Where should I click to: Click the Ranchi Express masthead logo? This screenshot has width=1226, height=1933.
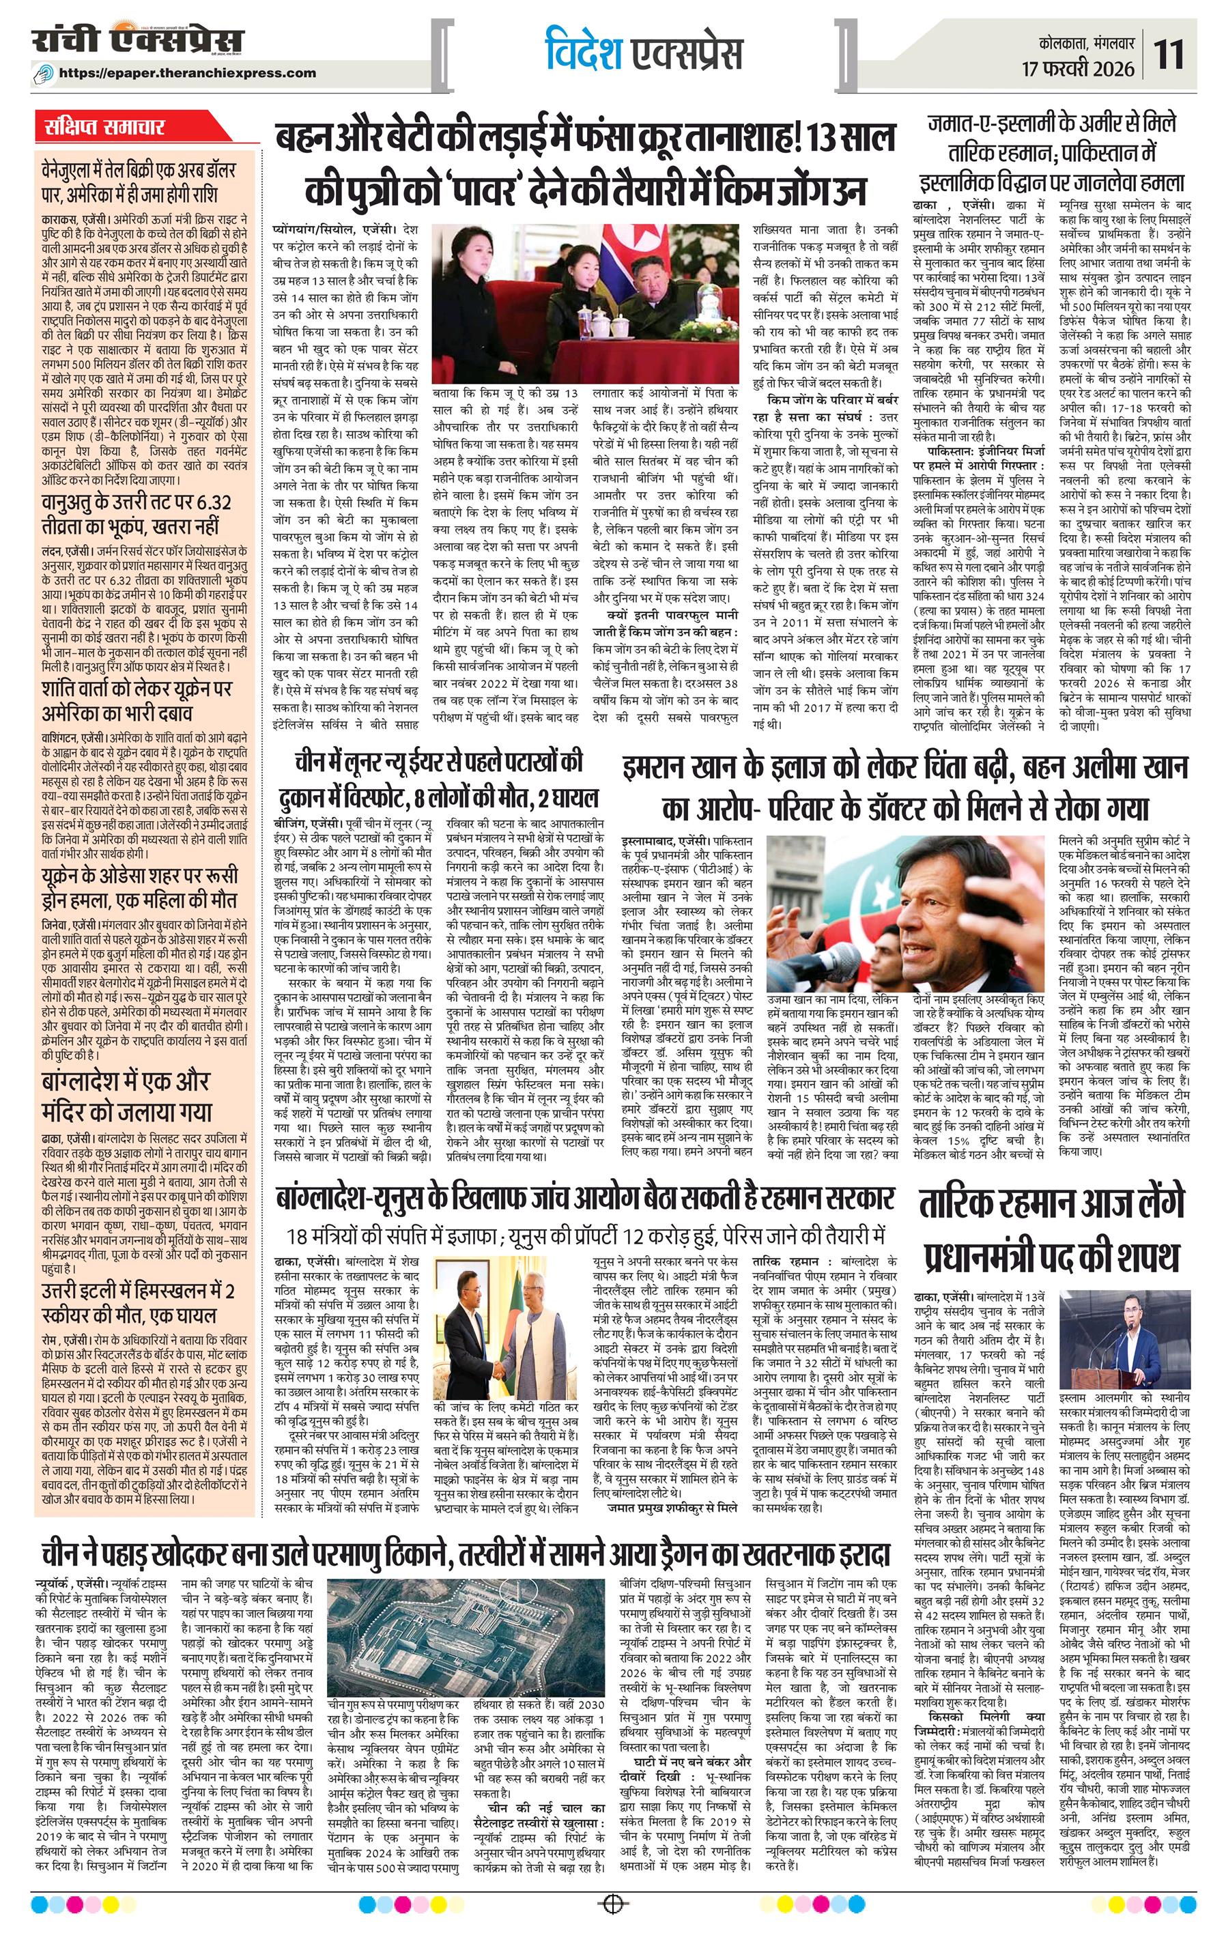pyautogui.click(x=137, y=41)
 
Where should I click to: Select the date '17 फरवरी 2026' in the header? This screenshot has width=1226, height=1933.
pyautogui.click(x=1079, y=69)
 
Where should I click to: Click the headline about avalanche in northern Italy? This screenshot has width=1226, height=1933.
pyautogui.click(x=138, y=1304)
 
